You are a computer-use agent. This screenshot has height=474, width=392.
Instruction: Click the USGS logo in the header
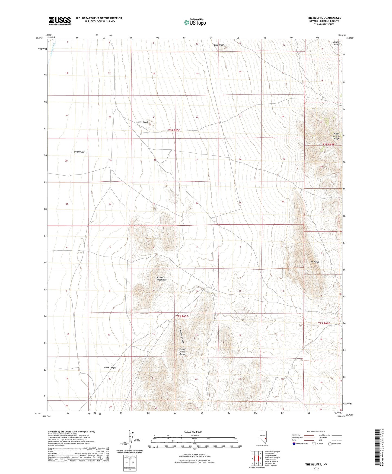pyautogui.click(x=59, y=21)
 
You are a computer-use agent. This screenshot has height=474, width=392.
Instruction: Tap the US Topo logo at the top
pyautogui.click(x=195, y=22)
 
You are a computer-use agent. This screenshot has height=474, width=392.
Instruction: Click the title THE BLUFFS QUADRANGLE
pyautogui.click(x=324, y=18)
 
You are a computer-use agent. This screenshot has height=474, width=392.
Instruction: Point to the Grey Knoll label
pyautogui.click(x=219, y=45)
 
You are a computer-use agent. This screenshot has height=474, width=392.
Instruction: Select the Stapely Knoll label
pyautogui.click(x=142, y=122)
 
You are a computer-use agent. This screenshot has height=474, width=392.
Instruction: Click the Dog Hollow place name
pyautogui.click(x=79, y=152)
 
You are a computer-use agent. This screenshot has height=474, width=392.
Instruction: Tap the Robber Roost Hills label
pyautogui.click(x=161, y=279)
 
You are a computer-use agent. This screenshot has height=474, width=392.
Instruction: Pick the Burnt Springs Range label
pyautogui.click(x=182, y=352)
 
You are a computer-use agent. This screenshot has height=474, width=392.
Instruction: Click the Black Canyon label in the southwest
pyautogui.click(x=110, y=368)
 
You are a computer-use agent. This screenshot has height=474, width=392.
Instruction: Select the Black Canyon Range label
pyautogui.click(x=336, y=136)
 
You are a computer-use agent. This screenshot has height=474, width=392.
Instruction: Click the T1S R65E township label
pyautogui.click(x=174, y=130)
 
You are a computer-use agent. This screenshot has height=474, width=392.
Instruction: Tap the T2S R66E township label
pyautogui.click(x=324, y=323)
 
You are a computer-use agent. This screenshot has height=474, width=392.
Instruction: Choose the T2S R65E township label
pyautogui.click(x=182, y=316)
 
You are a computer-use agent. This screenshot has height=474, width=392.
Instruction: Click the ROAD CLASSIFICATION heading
pyautogui.click(x=316, y=431)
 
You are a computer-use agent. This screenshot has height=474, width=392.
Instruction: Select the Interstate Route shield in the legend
pyautogui.click(x=294, y=444)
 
